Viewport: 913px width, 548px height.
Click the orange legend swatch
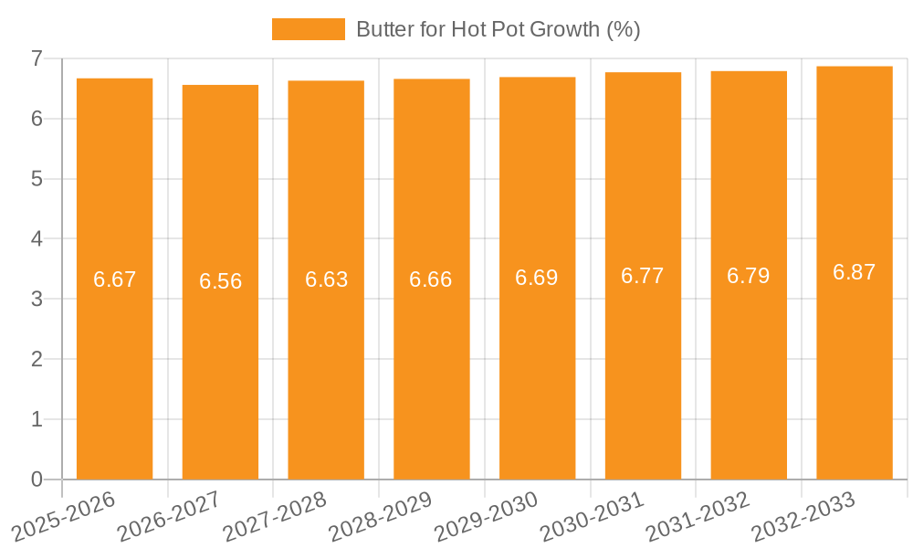click(x=309, y=29)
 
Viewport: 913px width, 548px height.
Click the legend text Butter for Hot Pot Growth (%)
click(x=498, y=29)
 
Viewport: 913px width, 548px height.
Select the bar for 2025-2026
click(x=114, y=365)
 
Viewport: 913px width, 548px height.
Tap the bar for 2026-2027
click(x=220, y=365)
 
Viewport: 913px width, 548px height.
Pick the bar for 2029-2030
click(x=537, y=365)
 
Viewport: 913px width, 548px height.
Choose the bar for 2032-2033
click(x=854, y=365)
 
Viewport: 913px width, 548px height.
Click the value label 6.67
click(x=114, y=279)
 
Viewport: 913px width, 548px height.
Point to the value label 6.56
click(x=220, y=281)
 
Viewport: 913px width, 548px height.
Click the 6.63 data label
click(x=326, y=279)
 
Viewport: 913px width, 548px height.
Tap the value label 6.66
click(x=431, y=279)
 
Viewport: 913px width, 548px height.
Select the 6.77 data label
click(x=643, y=276)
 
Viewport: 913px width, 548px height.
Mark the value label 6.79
click(x=748, y=276)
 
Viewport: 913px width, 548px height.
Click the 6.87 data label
click(x=854, y=272)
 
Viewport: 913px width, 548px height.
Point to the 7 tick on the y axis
click(x=37, y=58)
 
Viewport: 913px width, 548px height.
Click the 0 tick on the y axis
click(x=37, y=479)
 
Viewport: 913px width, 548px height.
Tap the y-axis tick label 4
click(x=37, y=239)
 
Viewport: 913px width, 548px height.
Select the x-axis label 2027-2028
click(x=273, y=515)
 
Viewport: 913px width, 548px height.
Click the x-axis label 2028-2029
click(x=379, y=515)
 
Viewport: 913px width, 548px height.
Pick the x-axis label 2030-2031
click(x=591, y=515)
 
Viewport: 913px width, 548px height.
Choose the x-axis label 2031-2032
click(x=697, y=515)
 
